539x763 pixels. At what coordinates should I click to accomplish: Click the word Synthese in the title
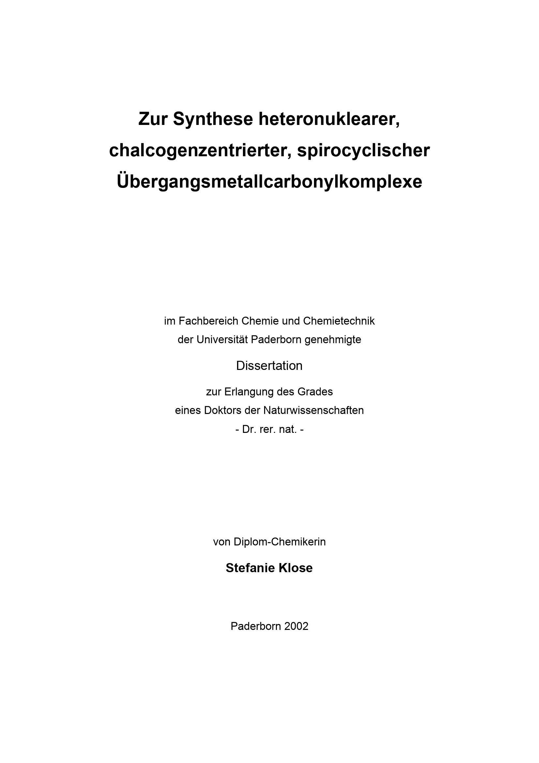[213, 119]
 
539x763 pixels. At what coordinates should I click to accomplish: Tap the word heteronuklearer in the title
[329, 119]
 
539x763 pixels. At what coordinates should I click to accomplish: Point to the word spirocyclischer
[363, 150]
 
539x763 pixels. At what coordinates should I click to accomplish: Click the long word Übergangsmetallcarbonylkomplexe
[269, 181]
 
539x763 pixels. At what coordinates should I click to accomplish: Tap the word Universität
[222, 339]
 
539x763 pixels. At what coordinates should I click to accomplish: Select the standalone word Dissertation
[269, 366]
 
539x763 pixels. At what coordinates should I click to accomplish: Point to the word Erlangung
[247, 392]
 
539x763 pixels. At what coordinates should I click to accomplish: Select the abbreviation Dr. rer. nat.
[269, 429]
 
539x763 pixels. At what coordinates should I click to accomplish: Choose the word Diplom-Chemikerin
[280, 542]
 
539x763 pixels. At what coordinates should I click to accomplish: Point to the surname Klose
[295, 568]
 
